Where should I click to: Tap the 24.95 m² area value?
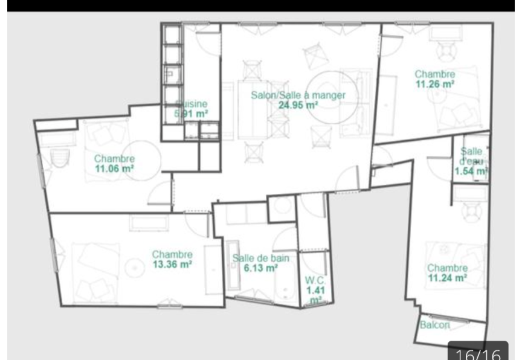[x=298, y=104]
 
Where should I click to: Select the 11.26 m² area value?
[x=434, y=84]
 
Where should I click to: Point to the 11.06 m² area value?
[x=114, y=168]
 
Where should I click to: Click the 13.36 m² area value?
[x=172, y=263]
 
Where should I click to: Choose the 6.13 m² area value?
[x=261, y=268]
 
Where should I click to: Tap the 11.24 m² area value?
[x=448, y=278]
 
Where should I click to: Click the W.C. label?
[x=315, y=280]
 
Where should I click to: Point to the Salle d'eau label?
[x=471, y=156]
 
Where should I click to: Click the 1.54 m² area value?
[x=471, y=172]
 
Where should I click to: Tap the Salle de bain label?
[x=261, y=258]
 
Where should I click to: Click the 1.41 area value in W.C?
[x=315, y=290]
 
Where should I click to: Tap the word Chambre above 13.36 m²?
[x=172, y=254]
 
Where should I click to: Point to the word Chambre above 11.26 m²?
[x=434, y=74]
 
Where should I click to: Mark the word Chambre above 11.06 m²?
[x=114, y=159]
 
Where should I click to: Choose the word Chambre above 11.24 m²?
[x=448, y=268]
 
